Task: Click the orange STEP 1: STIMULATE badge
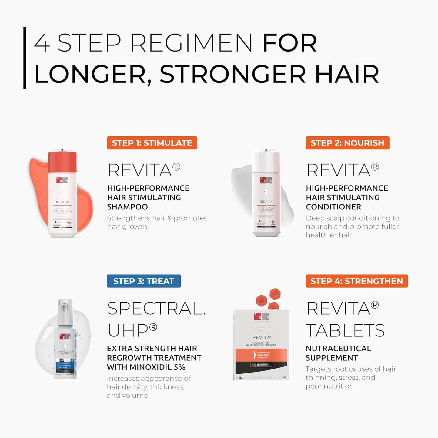pyautogui.click(x=152, y=143)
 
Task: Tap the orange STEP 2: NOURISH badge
pyautogui.click(x=347, y=143)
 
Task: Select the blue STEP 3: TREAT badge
pyautogui.click(x=144, y=281)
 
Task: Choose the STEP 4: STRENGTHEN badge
pyautogui.click(x=356, y=281)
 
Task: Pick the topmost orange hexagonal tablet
pyautogui.click(x=275, y=294)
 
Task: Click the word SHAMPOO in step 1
pyautogui.click(x=127, y=207)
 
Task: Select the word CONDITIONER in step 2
pyautogui.click(x=333, y=207)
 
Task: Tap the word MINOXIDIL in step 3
pyautogui.click(x=151, y=367)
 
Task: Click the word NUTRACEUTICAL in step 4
pyautogui.click(x=338, y=348)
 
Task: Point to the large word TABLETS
pyautogui.click(x=345, y=330)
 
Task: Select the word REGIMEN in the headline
pyautogui.click(x=191, y=43)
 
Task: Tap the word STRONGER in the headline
pyautogui.click(x=232, y=74)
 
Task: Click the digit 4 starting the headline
pyautogui.click(x=42, y=43)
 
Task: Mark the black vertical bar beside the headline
pyautogui.click(x=25, y=58)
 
